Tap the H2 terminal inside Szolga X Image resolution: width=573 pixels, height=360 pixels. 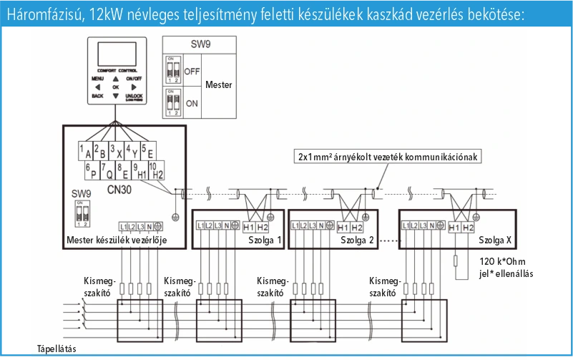tap(468, 227)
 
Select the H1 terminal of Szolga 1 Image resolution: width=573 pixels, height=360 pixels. tap(248, 227)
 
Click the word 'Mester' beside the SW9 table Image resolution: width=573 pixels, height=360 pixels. tap(218, 84)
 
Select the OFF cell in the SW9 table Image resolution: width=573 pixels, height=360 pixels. tap(192, 72)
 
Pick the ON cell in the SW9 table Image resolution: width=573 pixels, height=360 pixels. tap(192, 102)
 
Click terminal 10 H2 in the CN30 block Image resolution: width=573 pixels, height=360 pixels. tap(157, 172)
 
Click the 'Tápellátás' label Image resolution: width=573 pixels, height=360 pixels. tap(57, 349)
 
